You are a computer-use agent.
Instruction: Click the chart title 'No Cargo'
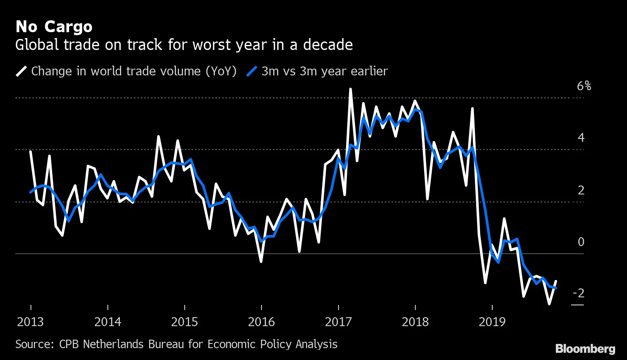[x=54, y=27]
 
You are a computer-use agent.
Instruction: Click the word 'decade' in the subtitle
[x=327, y=45]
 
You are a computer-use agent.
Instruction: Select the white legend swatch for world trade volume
[x=22, y=71]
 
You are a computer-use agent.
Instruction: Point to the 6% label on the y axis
[x=584, y=86]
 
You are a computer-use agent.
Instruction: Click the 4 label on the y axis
[x=581, y=138]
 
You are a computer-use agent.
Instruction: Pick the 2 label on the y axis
[x=581, y=190]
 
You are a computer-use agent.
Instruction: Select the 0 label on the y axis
[x=581, y=242]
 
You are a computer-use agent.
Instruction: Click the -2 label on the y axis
[x=578, y=293]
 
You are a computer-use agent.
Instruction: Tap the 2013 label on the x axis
[x=31, y=322]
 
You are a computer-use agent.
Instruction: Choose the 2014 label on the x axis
[x=108, y=322]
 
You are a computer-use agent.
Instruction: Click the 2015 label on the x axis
[x=184, y=322]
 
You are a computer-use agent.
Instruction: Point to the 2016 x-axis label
[x=261, y=322]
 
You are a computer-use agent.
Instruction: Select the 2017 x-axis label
[x=338, y=322]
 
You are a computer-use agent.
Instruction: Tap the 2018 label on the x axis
[x=415, y=322]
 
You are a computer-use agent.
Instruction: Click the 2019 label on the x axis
[x=492, y=322]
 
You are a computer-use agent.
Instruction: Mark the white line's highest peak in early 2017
[x=350, y=89]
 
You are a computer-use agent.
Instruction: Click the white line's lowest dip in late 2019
[x=549, y=304]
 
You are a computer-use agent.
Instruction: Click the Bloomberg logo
[x=585, y=349]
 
